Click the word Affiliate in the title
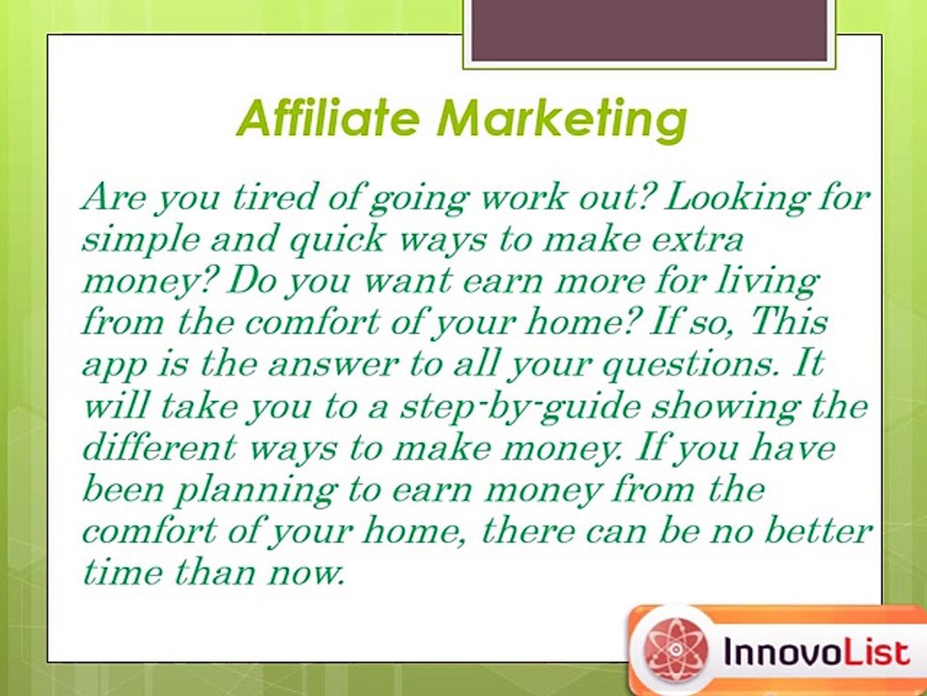(x=328, y=118)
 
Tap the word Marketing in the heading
(x=562, y=121)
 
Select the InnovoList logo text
(x=816, y=652)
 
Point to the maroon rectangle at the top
(x=650, y=30)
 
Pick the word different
(x=158, y=446)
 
